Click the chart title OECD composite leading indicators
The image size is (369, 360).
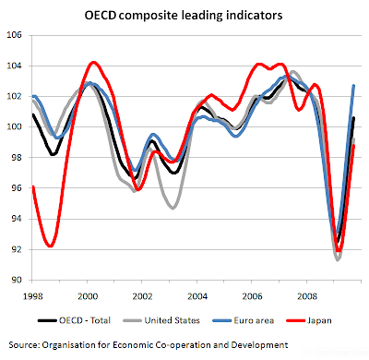(x=184, y=15)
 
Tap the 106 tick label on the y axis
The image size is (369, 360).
(x=15, y=35)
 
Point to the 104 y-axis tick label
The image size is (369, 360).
(x=15, y=66)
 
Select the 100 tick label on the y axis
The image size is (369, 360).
(x=15, y=126)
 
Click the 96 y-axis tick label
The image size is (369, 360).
(x=17, y=188)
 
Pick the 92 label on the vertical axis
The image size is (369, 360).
(x=17, y=249)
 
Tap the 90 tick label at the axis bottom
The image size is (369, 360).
(x=17, y=280)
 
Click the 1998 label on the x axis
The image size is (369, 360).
(x=33, y=296)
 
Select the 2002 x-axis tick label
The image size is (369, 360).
(x=142, y=296)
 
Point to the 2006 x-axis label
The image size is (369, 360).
(x=252, y=296)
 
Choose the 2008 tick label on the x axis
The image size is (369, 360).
(x=307, y=296)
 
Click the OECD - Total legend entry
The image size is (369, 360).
(x=74, y=320)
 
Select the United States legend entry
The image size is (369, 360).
(x=161, y=320)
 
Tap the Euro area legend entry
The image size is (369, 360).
(x=244, y=320)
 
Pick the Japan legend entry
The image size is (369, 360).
(x=309, y=320)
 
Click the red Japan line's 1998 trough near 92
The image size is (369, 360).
(x=51, y=246)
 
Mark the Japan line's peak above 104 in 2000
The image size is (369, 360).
(x=93, y=63)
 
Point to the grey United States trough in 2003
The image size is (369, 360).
(x=173, y=208)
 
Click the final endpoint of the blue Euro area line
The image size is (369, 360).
(x=353, y=86)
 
